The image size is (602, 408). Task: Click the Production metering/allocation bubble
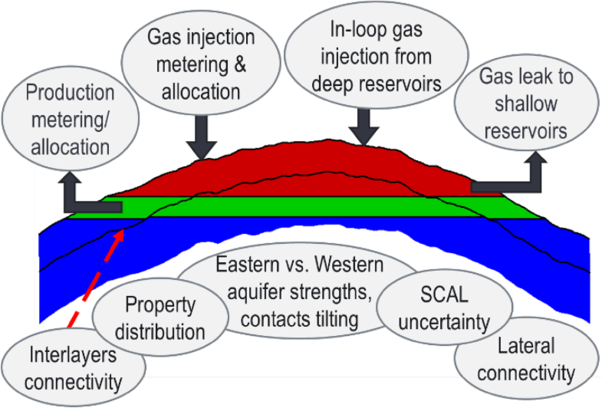[x=70, y=119]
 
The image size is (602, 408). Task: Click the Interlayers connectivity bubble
[x=74, y=366]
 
